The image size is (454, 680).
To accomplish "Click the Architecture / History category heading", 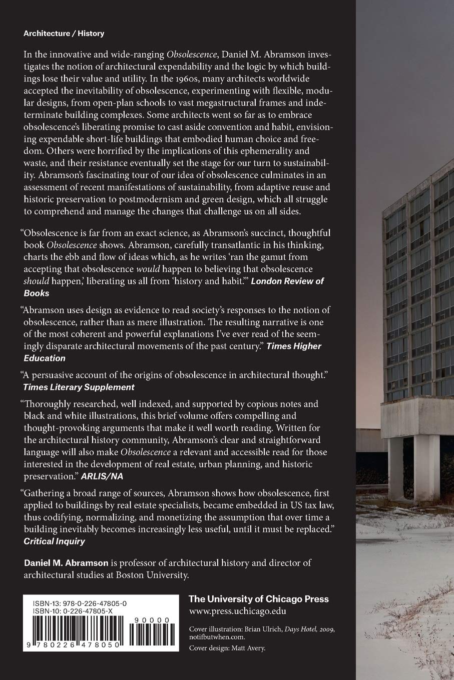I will (64, 33).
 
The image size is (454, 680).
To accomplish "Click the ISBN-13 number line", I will (76, 603).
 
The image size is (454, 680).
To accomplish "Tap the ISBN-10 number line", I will (75, 611).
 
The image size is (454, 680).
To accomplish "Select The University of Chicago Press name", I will (258, 599).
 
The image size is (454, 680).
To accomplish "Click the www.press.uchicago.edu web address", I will (238, 610).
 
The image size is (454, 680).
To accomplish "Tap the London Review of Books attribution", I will (287, 281).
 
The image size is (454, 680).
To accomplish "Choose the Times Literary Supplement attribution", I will (79, 387).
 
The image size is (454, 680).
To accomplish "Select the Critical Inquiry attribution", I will (55, 541).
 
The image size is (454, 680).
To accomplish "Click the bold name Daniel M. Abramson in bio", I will (66, 562).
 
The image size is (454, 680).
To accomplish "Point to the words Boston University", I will (151, 575).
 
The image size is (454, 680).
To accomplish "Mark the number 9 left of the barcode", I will (26, 645).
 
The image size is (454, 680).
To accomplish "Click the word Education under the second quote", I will (45, 358).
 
